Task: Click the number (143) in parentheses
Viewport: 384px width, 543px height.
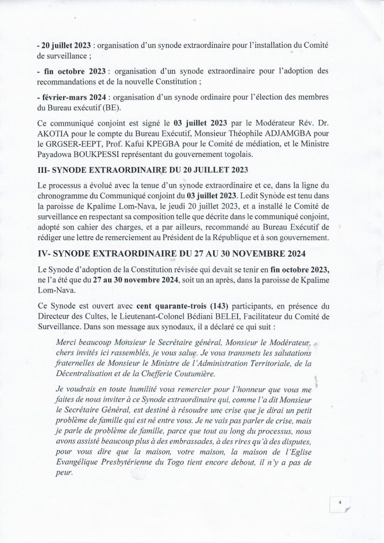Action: [199, 306]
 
